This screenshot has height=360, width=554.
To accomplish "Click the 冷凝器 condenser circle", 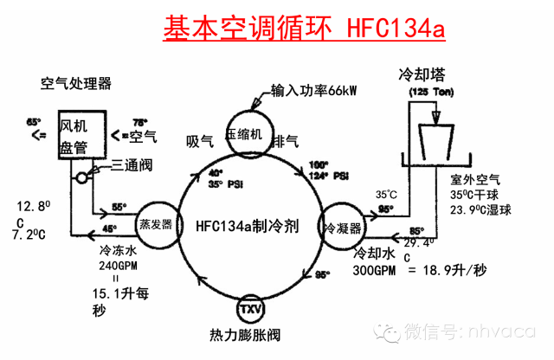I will [341, 227].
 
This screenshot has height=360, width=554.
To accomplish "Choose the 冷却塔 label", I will [417, 74].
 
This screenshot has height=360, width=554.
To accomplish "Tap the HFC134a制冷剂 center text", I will [248, 225].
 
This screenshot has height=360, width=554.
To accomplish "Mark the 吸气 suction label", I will [199, 139].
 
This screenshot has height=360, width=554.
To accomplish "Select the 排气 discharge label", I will [285, 139].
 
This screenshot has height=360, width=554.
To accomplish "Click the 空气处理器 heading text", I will [76, 84].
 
